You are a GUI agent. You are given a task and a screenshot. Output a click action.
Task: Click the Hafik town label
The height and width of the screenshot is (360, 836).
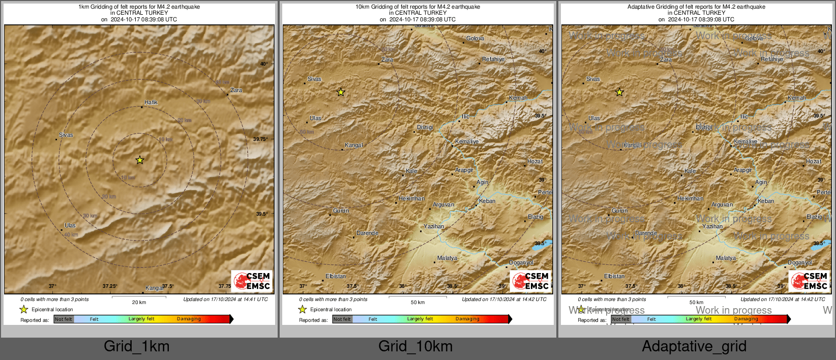[x=151, y=103]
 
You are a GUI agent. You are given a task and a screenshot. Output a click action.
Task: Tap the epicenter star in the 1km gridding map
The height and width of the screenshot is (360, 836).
[x=140, y=160]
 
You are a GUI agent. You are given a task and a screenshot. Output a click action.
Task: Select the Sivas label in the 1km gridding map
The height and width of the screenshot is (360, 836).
[x=66, y=135]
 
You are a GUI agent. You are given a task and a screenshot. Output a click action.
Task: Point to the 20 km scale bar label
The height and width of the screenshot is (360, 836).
[x=139, y=303]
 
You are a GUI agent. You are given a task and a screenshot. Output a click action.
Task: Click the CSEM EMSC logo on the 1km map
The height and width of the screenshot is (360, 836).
[x=252, y=281]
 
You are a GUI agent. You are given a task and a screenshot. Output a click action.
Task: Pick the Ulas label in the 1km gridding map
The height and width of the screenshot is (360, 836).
[x=70, y=226]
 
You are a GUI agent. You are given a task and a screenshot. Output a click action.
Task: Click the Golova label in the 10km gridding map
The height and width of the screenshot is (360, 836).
[x=475, y=39]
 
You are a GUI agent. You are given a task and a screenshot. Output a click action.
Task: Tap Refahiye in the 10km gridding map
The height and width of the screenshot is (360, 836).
[x=493, y=59]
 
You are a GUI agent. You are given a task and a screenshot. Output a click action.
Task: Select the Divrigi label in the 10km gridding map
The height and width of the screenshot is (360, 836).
[x=425, y=128]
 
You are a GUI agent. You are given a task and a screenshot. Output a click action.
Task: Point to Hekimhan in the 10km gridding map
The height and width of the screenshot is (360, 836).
[x=411, y=199]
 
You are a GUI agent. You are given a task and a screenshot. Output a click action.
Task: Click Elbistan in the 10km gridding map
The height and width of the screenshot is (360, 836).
[x=336, y=277]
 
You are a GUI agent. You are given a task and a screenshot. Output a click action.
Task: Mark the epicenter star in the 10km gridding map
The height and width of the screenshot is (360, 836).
[x=341, y=92]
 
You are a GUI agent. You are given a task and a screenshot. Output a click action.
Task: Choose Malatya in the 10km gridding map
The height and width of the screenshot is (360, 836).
[x=447, y=258]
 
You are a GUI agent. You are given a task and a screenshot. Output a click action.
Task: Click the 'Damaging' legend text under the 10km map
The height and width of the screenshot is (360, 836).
[x=467, y=319]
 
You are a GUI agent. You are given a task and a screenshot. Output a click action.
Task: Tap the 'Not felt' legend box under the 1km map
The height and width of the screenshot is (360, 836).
[x=64, y=319]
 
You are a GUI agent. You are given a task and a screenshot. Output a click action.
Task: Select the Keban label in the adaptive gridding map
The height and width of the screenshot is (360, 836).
[x=766, y=201]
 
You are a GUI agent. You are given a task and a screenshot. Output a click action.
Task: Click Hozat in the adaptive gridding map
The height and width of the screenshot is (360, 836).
[x=814, y=162]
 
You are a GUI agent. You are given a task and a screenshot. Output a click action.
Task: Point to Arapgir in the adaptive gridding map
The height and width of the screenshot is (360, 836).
[x=743, y=170]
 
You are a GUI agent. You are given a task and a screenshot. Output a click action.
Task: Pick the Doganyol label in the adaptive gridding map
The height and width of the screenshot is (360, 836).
[x=800, y=263]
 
